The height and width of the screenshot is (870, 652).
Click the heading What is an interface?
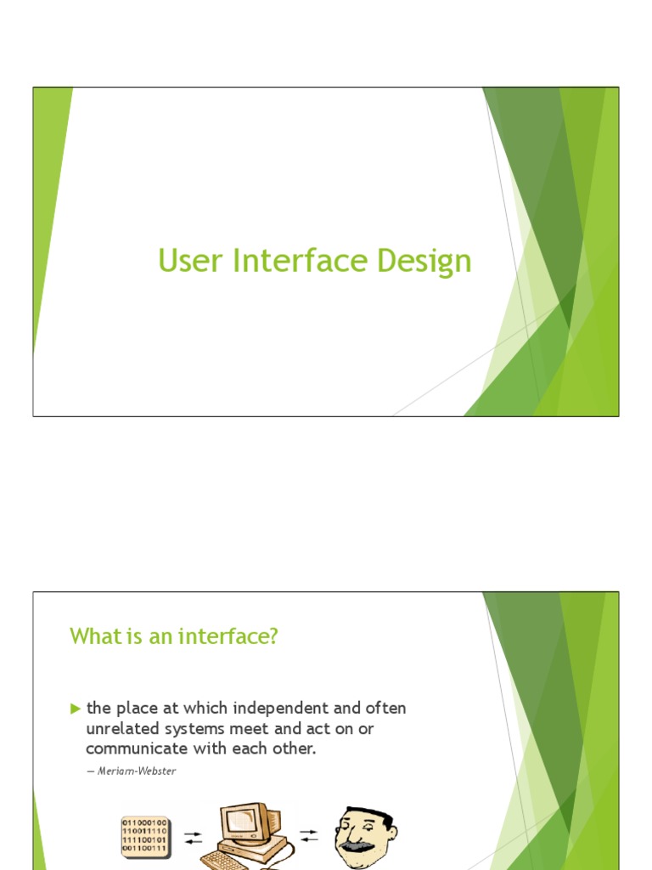[173, 636]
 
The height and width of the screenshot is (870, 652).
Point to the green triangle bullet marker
[75, 708]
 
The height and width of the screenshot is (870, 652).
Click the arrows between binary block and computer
[194, 836]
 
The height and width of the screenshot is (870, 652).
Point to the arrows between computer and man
[308, 836]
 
